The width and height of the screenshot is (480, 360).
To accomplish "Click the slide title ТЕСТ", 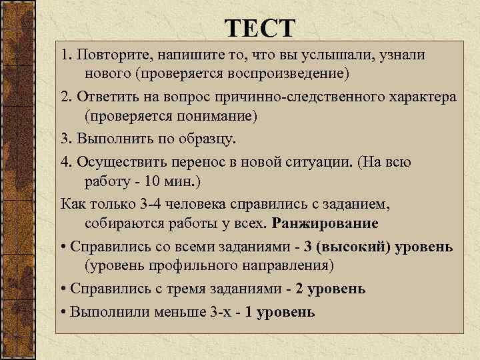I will (259, 29).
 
